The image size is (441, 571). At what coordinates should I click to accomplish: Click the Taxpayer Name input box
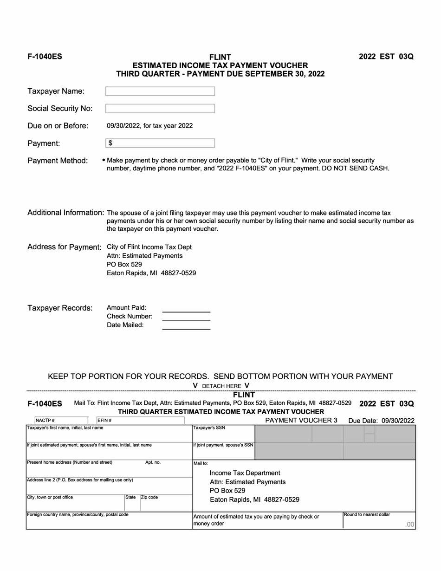tap(160, 91)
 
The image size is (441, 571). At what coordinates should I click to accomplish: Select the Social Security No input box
tap(160, 109)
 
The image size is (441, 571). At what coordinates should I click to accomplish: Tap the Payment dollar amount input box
tap(160, 143)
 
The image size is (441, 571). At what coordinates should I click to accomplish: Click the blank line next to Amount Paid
tap(186, 311)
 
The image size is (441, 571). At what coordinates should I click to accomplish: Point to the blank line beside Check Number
tap(186, 319)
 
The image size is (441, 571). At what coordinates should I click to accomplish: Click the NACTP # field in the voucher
tap(60, 421)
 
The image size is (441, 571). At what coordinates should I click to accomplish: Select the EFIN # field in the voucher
tap(139, 421)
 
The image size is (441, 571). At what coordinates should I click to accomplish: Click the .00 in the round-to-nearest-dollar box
tap(409, 525)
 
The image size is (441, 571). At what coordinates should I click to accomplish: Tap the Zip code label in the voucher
tap(149, 497)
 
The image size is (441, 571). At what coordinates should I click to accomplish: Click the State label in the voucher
tap(130, 497)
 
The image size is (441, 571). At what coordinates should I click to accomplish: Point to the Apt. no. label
tap(153, 462)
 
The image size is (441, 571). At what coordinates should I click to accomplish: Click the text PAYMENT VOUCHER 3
tap(301, 420)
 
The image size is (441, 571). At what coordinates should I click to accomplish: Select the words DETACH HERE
tap(221, 386)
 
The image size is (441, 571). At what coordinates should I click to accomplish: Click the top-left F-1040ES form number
tap(45, 57)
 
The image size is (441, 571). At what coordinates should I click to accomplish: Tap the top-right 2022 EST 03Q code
tap(386, 57)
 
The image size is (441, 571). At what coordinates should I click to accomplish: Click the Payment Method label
tap(58, 161)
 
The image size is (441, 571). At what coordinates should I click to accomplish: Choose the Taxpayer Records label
tap(60, 308)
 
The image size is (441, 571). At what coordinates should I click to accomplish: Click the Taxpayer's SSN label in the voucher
tap(209, 428)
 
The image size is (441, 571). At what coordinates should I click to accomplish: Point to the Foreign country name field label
tap(78, 514)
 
